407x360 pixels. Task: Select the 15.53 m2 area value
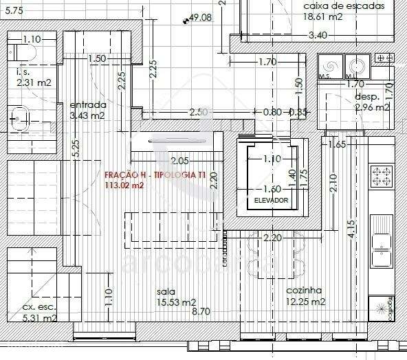tap(177, 302)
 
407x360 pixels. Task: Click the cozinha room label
tap(304, 291)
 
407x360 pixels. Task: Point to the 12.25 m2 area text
tap(306, 302)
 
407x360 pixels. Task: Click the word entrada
tap(87, 105)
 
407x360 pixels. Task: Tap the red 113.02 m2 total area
tap(124, 185)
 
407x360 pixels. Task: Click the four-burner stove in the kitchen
tap(382, 175)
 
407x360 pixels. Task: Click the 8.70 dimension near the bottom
tap(201, 311)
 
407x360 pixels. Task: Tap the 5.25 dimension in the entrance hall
tap(75, 147)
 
